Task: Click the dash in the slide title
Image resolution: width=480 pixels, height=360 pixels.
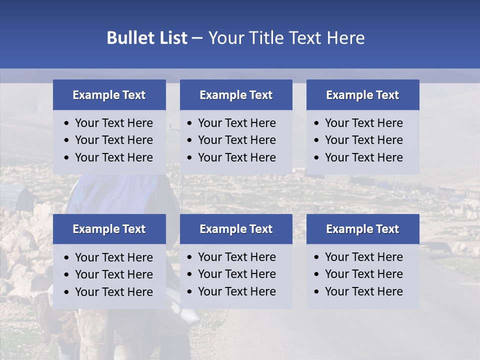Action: click(x=197, y=38)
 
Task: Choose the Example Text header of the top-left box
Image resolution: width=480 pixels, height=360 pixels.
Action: click(x=109, y=95)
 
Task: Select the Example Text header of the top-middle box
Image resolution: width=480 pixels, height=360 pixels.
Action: click(x=236, y=95)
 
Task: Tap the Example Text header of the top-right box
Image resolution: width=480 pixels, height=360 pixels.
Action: click(x=362, y=95)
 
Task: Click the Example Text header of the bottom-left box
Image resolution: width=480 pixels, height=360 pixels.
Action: click(x=109, y=229)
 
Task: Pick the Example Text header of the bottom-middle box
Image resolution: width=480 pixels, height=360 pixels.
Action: click(x=236, y=229)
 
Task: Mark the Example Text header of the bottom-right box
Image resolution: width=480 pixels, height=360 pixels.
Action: click(x=362, y=229)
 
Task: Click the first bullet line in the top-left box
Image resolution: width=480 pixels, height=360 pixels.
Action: click(x=114, y=123)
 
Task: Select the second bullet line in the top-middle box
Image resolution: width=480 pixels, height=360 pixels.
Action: click(x=237, y=140)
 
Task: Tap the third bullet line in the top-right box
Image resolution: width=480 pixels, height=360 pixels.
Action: click(x=364, y=157)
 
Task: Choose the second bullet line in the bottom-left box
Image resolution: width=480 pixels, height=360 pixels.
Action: click(x=114, y=274)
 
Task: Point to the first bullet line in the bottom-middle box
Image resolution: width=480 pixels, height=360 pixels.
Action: click(x=237, y=257)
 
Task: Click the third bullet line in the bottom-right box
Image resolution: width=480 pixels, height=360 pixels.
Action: click(x=364, y=291)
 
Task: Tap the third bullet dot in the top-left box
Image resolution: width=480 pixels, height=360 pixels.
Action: click(x=67, y=158)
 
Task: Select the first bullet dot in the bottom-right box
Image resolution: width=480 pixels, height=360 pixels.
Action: click(x=317, y=257)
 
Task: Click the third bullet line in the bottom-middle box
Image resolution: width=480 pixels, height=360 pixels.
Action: click(x=237, y=291)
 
